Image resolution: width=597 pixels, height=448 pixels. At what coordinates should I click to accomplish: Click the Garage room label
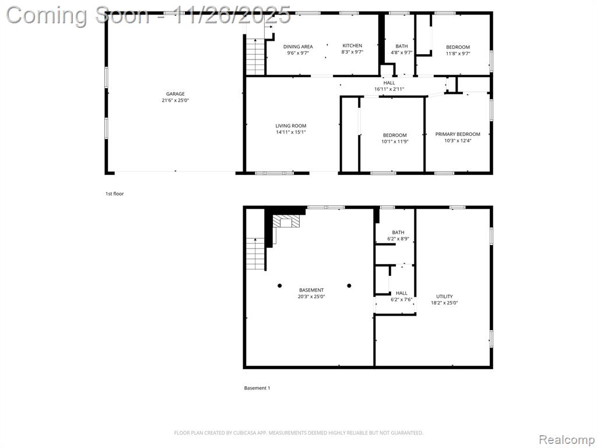(x=175, y=94)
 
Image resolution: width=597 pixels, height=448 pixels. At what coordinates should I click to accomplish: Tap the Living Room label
(x=291, y=126)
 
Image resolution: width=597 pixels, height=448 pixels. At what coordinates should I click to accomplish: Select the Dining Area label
(x=298, y=47)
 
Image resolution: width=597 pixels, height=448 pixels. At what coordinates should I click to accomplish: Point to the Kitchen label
(x=352, y=45)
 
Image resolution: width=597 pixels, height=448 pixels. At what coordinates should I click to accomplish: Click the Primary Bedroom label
(x=458, y=134)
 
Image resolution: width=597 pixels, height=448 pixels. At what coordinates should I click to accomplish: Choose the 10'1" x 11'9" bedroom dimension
(x=395, y=142)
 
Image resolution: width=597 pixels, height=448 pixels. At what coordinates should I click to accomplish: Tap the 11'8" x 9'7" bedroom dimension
(x=458, y=54)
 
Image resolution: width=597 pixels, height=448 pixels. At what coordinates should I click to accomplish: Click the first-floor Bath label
(x=401, y=47)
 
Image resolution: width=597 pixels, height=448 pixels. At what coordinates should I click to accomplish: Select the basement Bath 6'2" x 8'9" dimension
(x=398, y=239)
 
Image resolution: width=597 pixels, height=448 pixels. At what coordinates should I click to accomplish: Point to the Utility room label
(x=444, y=296)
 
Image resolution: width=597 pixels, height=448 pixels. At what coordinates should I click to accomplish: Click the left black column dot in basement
(x=280, y=286)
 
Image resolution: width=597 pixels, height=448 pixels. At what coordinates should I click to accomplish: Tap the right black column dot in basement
(x=349, y=286)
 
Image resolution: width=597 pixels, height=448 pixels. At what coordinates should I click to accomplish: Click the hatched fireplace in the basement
(x=286, y=221)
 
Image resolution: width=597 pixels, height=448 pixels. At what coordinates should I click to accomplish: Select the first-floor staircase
(x=255, y=57)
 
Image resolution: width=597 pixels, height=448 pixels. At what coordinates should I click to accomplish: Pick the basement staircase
(x=255, y=254)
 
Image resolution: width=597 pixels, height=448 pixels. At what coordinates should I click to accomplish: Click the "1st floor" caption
(x=115, y=194)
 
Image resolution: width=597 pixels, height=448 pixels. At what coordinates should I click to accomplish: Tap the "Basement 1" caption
(x=257, y=388)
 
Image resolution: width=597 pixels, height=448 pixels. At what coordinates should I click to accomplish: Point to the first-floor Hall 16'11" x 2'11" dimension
(x=389, y=89)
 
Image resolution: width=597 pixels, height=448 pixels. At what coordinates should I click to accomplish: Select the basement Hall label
(x=401, y=293)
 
